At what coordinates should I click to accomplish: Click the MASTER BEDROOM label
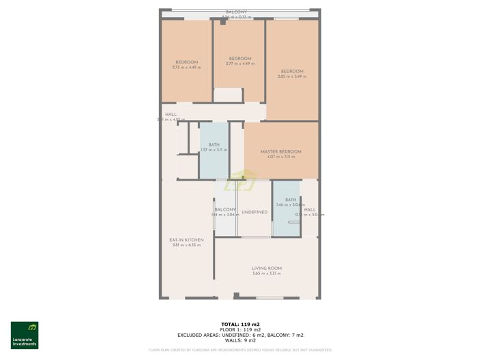[x=280, y=151]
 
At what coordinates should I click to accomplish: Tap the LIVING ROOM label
[x=266, y=268]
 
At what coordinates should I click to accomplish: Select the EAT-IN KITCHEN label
[x=186, y=239]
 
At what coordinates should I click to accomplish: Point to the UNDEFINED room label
[x=254, y=212]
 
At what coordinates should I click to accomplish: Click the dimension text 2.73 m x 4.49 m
[x=186, y=67]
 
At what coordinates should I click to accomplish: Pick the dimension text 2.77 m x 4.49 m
[x=240, y=63]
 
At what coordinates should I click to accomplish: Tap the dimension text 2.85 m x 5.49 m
[x=292, y=76]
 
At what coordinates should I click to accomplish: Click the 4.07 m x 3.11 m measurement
[x=280, y=157]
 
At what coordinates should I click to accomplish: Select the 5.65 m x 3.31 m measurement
[x=266, y=274]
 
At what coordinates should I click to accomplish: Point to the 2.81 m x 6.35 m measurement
[x=186, y=245]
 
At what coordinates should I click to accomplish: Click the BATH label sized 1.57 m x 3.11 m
[x=214, y=145]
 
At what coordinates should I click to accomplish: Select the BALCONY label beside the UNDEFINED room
[x=226, y=209]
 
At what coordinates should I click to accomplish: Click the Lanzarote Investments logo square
[x=25, y=330]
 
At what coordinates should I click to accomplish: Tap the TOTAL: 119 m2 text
[x=240, y=324]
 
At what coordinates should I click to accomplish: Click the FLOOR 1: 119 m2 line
[x=240, y=329]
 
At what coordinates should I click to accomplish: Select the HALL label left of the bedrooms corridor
[x=171, y=115]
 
